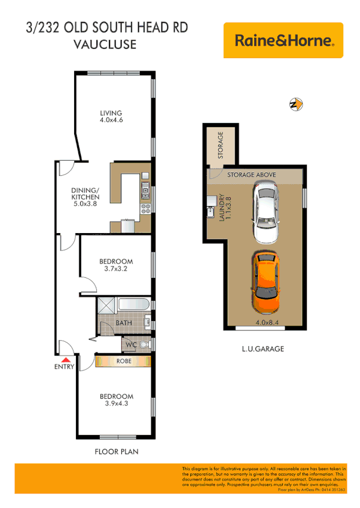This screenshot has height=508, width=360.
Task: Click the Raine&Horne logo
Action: click(x=283, y=41)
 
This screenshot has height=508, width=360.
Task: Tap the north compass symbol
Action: click(x=295, y=104)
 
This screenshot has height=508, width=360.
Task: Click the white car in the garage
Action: click(x=266, y=212)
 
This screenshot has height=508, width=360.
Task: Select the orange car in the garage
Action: click(x=266, y=283)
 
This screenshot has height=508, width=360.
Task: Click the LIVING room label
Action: click(x=111, y=113)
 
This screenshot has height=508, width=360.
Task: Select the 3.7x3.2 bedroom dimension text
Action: click(x=116, y=270)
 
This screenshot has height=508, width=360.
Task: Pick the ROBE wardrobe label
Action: click(x=124, y=361)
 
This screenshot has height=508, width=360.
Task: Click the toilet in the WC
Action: click(x=143, y=345)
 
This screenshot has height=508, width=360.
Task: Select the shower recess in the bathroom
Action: click(x=106, y=304)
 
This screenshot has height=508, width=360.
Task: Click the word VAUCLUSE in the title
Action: click(x=105, y=45)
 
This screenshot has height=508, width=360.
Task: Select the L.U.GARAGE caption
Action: click(x=263, y=348)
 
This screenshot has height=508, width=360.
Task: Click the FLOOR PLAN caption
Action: click(x=116, y=451)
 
